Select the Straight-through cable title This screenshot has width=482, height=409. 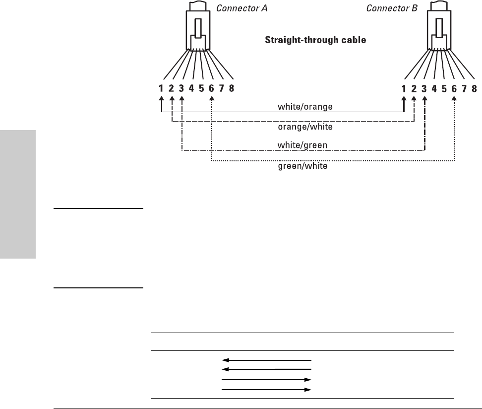[x=314, y=40]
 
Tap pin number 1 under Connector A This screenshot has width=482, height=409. [x=161, y=89]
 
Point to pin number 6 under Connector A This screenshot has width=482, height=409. [x=212, y=89]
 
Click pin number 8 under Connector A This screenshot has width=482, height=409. [x=232, y=89]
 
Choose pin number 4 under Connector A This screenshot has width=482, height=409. [x=191, y=89]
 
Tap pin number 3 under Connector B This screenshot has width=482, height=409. [x=424, y=89]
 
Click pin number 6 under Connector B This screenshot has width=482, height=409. [x=454, y=89]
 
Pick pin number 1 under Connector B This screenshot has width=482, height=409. [x=404, y=89]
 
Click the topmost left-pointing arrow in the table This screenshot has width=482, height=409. [x=266, y=360]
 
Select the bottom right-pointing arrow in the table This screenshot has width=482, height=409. [x=266, y=390]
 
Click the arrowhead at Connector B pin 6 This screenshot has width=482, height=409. [x=454, y=98]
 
